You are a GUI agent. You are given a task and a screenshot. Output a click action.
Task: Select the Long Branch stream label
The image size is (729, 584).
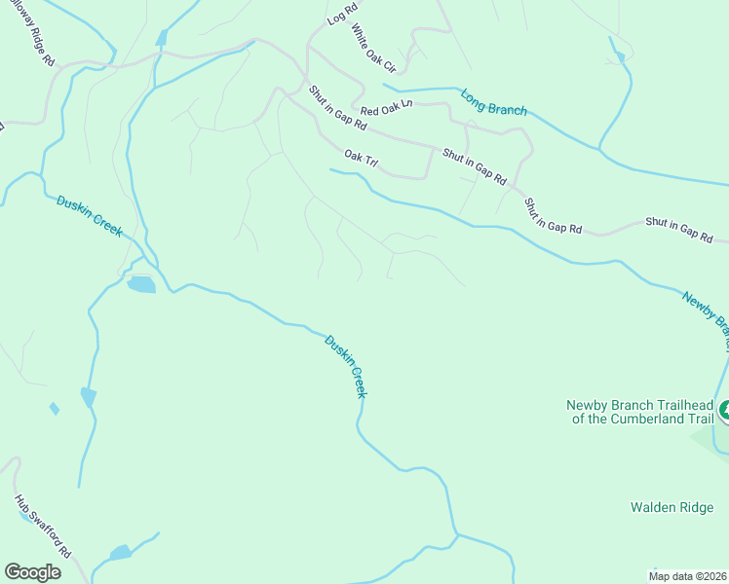(494, 103)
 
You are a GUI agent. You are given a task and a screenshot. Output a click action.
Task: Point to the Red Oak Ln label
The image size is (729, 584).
(386, 112)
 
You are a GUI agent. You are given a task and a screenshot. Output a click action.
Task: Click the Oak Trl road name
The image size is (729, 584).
(360, 156)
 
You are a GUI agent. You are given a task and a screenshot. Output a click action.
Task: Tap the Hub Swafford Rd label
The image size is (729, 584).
(44, 526)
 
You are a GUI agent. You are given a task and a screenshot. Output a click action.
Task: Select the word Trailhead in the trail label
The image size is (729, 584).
(671, 405)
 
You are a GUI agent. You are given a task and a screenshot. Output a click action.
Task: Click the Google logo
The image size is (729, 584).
(32, 571)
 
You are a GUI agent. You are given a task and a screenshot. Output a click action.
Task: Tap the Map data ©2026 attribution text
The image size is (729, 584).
(686, 575)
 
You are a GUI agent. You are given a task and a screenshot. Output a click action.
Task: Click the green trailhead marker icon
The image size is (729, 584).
(723, 411)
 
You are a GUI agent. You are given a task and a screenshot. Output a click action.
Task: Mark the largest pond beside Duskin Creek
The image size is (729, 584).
(140, 284)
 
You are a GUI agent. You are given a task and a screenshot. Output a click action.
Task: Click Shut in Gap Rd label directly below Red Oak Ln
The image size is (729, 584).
(338, 108)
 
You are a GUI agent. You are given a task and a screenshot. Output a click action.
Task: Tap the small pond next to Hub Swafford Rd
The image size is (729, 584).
(120, 553)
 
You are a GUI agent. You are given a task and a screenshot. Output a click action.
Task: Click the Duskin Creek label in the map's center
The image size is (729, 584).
(346, 366)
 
